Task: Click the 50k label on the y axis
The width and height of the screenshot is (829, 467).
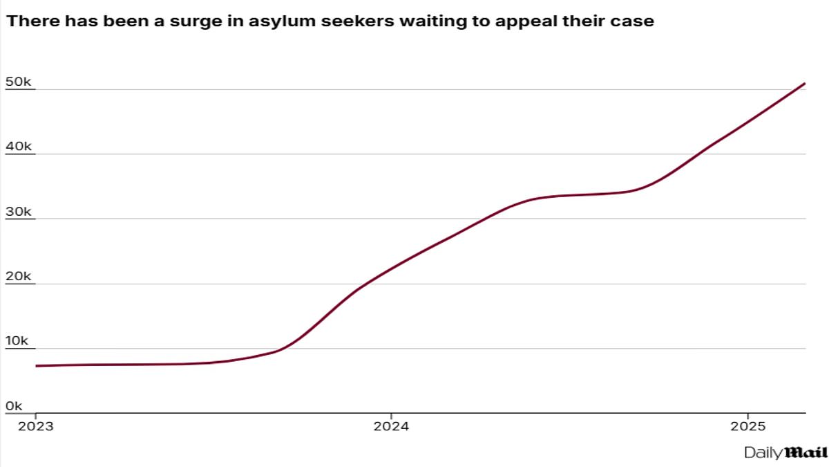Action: point(18,82)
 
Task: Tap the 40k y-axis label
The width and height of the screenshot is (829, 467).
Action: point(18,147)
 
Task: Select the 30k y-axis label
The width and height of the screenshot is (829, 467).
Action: point(18,212)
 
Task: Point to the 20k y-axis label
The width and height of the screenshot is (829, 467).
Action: point(18,277)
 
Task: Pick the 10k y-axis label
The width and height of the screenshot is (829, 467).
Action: point(18,342)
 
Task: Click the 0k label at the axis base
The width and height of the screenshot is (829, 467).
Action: point(15,406)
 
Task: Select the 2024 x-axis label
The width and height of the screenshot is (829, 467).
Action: point(391,426)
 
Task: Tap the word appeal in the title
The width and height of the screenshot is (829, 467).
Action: point(517,21)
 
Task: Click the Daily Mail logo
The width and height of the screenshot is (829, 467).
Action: point(785,452)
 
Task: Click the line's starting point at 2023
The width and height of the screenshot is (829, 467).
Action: point(36,365)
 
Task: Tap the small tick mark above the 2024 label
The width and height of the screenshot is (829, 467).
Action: point(391,416)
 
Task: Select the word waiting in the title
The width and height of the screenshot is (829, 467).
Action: point(414,21)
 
